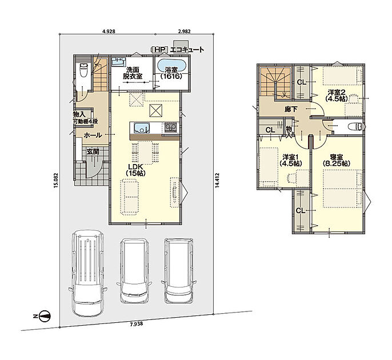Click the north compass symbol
coord(45,316)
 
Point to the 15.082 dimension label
coord(55,180)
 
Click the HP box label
coord(159,50)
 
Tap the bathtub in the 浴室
coord(172,66)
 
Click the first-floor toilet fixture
coord(83,70)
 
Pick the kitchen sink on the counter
coord(142,128)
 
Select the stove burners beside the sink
coord(171,128)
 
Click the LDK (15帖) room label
coord(135,170)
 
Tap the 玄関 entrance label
coord(93,151)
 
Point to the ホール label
coord(93,135)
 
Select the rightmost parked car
coord(178,270)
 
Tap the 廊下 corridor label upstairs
coord(291,109)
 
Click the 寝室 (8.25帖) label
coord(336,160)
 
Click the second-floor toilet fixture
coord(356,126)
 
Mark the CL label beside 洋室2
coord(302,82)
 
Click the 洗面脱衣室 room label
coord(133,73)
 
